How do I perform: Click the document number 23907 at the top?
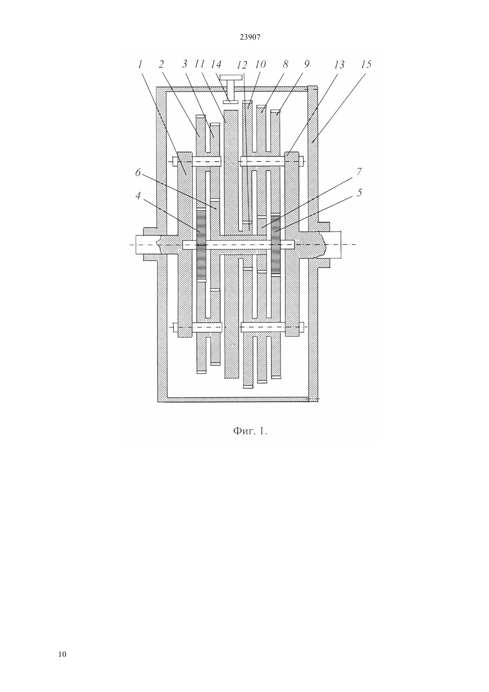[x=250, y=37]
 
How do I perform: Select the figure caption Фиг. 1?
[x=250, y=431]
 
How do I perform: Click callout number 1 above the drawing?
[x=140, y=64]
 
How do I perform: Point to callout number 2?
[x=161, y=64]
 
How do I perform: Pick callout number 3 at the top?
[x=184, y=64]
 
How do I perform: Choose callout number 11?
[x=200, y=64]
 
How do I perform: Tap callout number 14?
[x=216, y=64]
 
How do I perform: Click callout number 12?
[x=242, y=65]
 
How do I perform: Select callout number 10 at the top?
[x=260, y=64]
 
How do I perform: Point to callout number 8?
[x=285, y=64]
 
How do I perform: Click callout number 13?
[x=339, y=64]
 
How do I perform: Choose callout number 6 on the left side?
[x=138, y=173]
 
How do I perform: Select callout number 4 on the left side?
[x=138, y=195]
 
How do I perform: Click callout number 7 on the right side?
[x=359, y=172]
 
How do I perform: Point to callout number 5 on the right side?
[x=359, y=193]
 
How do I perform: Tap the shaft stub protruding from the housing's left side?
[x=148, y=245]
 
